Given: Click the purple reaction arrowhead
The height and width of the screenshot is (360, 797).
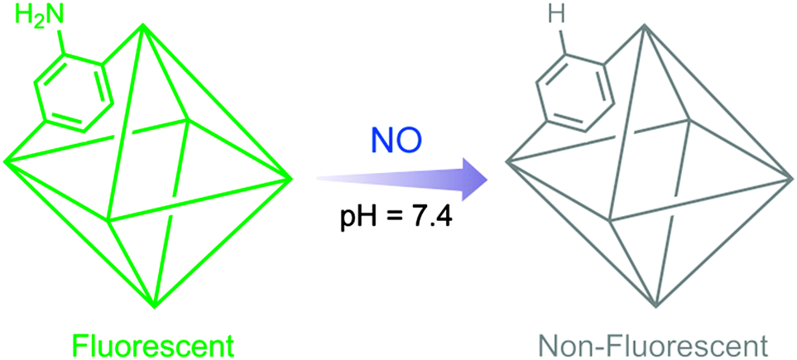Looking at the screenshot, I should click(x=473, y=178).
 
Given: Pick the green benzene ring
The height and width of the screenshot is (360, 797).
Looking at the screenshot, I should click(x=72, y=92).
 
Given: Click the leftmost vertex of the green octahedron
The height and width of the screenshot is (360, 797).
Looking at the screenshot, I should click(x=6, y=160).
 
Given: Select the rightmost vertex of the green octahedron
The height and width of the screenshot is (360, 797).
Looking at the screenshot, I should click(x=290, y=177).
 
